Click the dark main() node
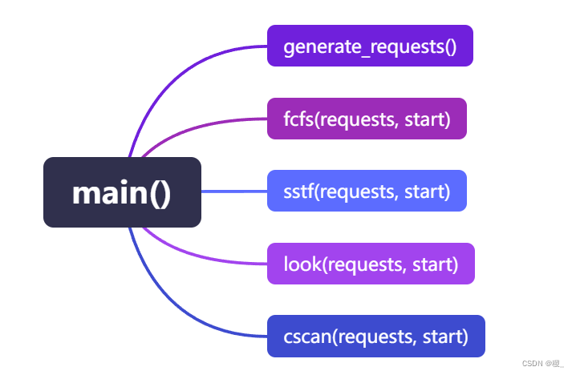[x=122, y=192]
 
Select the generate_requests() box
[x=370, y=46]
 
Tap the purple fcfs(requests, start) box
[x=367, y=119]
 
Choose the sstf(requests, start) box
[x=367, y=192]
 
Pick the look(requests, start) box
[x=371, y=264]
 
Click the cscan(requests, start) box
[x=375, y=337]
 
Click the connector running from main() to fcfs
[x=201, y=126]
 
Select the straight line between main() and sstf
[x=233, y=192]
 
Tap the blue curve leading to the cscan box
[x=176, y=312]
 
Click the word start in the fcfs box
[x=428, y=119]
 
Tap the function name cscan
[x=305, y=337]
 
